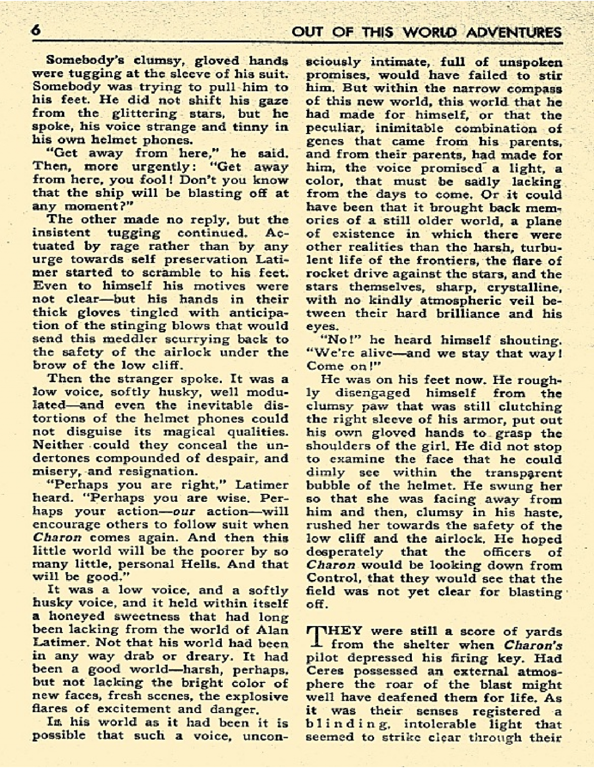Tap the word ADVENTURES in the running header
click(514, 33)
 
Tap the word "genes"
click(324, 142)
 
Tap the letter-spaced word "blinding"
click(349, 724)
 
